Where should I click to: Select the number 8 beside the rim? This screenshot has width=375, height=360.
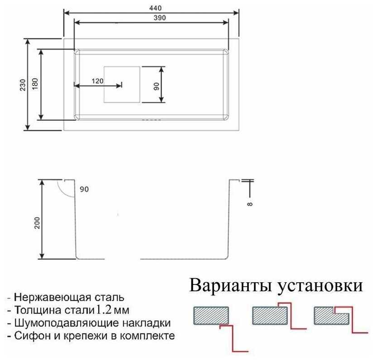(250, 204)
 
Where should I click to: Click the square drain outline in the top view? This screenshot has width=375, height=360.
(122, 84)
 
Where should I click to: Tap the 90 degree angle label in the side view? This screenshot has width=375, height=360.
(84, 189)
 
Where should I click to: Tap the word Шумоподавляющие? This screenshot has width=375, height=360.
(65, 323)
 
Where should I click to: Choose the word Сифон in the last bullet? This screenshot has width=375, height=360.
(30, 336)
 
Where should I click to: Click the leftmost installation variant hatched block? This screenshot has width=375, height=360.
(211, 315)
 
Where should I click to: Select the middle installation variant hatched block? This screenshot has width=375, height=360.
(270, 315)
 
